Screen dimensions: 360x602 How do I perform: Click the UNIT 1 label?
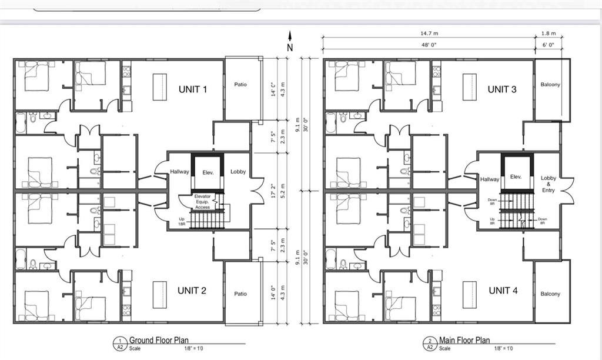(x=192, y=89)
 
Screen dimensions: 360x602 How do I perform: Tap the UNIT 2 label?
(x=192, y=290)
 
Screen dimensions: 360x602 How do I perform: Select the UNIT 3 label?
(x=502, y=89)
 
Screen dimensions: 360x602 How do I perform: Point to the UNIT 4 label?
(x=503, y=290)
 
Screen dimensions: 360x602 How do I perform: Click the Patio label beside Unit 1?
(x=240, y=84)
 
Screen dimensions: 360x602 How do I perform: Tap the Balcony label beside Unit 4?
(x=550, y=294)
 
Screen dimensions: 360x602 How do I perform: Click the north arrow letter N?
(x=289, y=46)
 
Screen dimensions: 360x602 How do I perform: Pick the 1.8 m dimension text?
(x=548, y=34)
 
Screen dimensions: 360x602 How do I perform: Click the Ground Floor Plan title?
(x=159, y=340)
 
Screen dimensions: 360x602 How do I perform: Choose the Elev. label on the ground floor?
(x=208, y=172)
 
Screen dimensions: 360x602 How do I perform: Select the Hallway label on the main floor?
(x=489, y=179)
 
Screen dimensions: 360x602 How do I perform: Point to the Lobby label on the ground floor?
(x=238, y=172)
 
